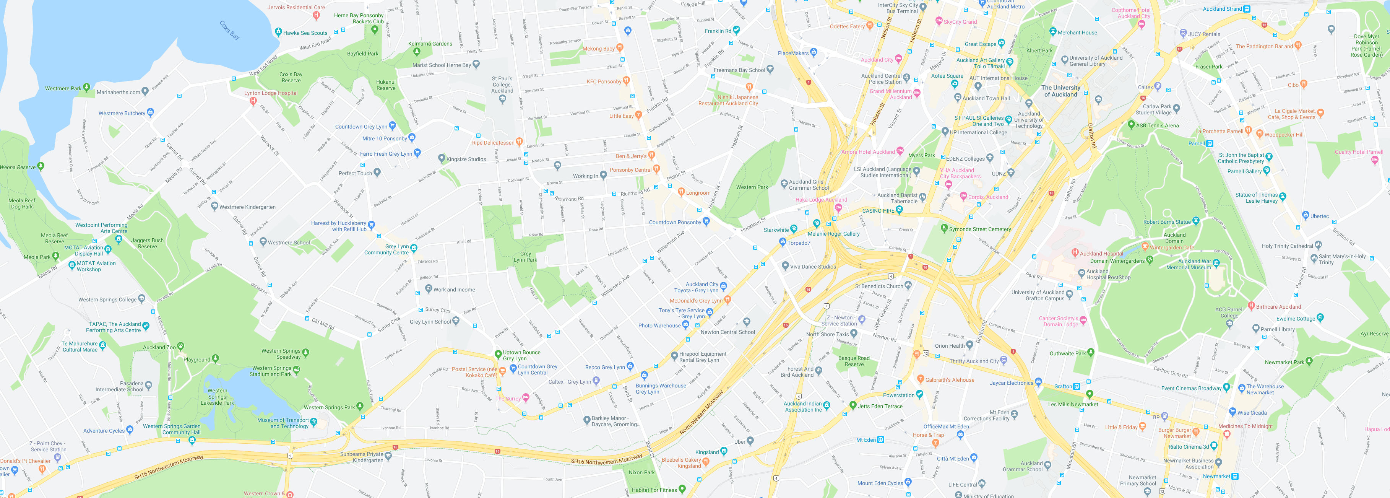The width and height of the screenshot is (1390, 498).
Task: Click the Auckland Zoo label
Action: (159, 347)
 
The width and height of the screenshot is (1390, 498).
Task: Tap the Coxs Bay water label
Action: (229, 30)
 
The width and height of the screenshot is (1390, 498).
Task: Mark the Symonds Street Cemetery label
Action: (980, 229)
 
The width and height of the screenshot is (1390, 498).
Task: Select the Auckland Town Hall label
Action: (986, 98)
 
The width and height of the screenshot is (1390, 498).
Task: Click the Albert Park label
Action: (1039, 50)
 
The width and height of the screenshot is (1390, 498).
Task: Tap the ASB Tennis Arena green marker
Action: (1132, 124)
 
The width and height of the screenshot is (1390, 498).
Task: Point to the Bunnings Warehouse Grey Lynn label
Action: (661, 389)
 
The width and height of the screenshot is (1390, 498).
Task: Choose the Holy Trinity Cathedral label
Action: (1287, 246)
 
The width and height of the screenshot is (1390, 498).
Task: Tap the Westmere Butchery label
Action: (122, 114)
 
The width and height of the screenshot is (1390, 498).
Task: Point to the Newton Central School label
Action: (727, 332)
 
